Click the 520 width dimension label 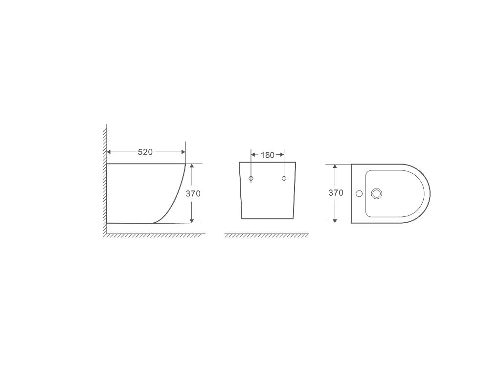tap(145, 152)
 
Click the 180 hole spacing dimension tap(267, 155)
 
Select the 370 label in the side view tap(193, 194)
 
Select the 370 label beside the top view tap(336, 193)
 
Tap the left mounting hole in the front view tap(251, 179)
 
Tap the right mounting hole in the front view tap(284, 179)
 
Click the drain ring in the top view tap(376, 193)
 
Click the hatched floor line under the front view tap(267, 235)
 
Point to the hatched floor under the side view tap(154, 235)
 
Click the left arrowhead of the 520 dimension tap(110, 152)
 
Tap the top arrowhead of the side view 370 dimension tap(192, 166)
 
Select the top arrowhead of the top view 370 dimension tap(335, 167)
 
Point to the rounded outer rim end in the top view tap(429, 193)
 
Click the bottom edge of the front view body tap(268, 219)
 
